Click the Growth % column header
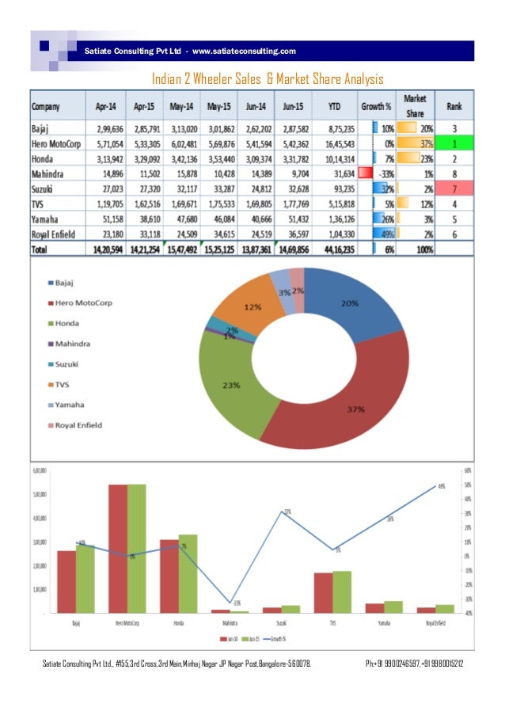[376, 105]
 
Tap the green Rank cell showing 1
[454, 143]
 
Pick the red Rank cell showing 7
[454, 188]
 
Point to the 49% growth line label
[442, 487]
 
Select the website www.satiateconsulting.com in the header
[245, 51]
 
